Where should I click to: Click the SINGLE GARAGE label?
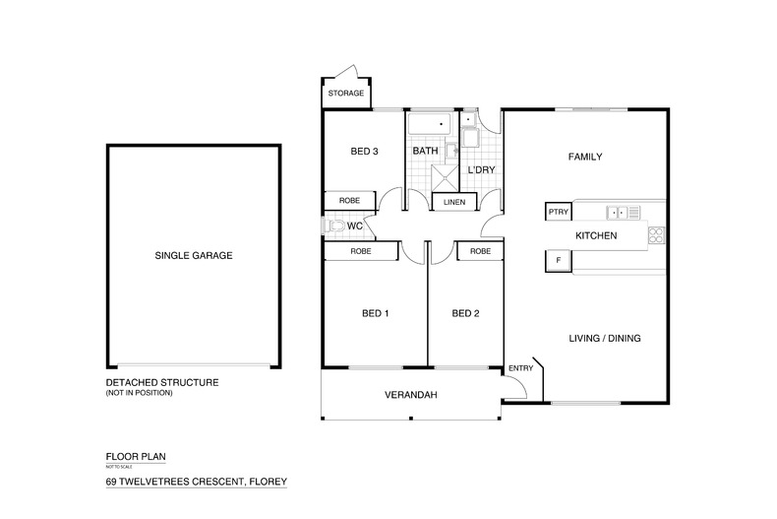coord(193,255)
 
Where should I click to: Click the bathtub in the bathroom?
coord(428,125)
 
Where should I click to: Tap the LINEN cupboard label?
coord(454,201)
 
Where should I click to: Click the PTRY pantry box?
coord(558,212)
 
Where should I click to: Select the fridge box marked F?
coord(558,260)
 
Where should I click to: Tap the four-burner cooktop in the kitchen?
coord(656,235)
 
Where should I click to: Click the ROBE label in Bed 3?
coord(349,200)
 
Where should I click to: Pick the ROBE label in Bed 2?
coord(480,252)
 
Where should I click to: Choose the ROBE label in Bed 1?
coord(361,252)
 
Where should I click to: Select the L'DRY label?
coord(481,170)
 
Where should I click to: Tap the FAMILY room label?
coord(584,157)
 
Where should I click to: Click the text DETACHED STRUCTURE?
coord(161,382)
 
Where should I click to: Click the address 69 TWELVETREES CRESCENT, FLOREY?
coord(196,483)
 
